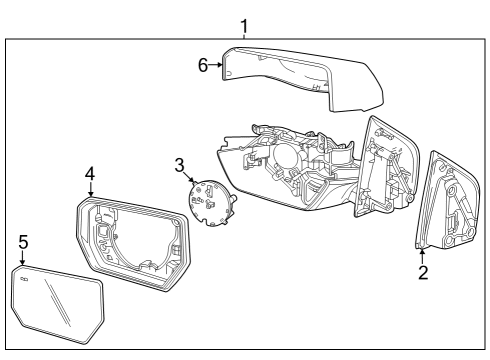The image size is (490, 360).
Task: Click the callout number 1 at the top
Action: pyautogui.click(x=245, y=23)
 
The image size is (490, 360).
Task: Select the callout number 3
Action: pyautogui.click(x=180, y=164)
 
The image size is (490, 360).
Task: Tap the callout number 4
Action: pyautogui.click(x=90, y=174)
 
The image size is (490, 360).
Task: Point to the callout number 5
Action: pyautogui.click(x=22, y=242)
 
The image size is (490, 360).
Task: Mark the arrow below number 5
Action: pyautogui.click(x=22, y=258)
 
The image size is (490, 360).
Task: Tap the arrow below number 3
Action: pyautogui.click(x=189, y=178)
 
